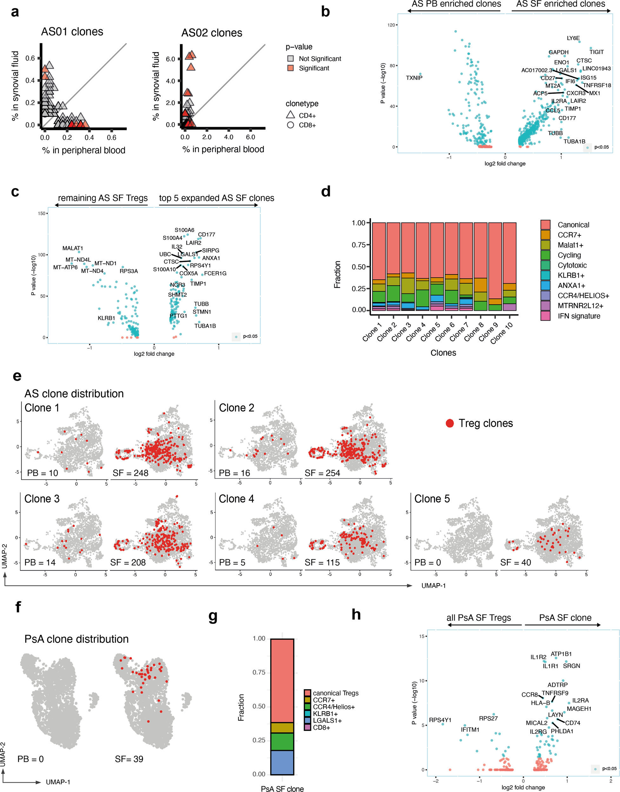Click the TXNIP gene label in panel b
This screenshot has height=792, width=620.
click(x=414, y=78)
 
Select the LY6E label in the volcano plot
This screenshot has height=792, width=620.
click(x=573, y=38)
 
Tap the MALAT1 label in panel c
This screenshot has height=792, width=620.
click(x=73, y=248)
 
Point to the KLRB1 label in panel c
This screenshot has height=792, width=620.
click(x=106, y=318)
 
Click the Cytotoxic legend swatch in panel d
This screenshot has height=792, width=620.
click(x=545, y=265)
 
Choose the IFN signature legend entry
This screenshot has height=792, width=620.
click(x=579, y=316)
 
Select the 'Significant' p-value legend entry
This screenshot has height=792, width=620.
click(x=314, y=68)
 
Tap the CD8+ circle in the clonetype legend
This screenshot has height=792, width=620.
click(x=290, y=125)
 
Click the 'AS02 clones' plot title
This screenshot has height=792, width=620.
click(x=212, y=33)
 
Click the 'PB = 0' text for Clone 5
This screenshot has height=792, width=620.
click(x=427, y=562)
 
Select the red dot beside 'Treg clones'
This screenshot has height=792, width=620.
click(x=450, y=423)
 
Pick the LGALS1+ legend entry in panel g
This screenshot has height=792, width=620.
click(x=327, y=721)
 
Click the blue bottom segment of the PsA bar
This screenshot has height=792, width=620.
click(x=282, y=762)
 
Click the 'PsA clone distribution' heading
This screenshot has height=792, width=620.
click(x=76, y=639)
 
